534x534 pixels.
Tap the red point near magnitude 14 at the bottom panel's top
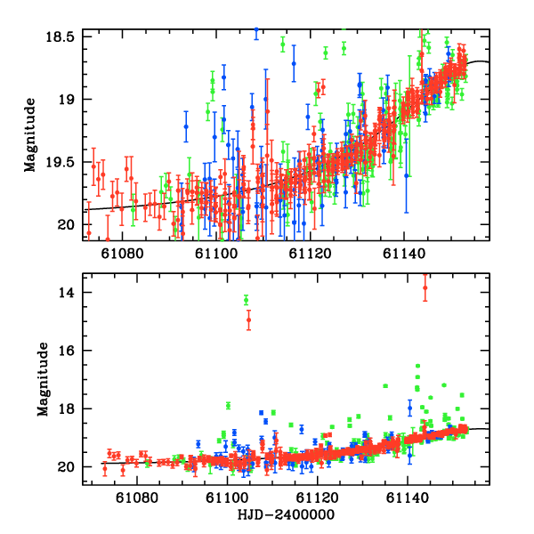[425, 287]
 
